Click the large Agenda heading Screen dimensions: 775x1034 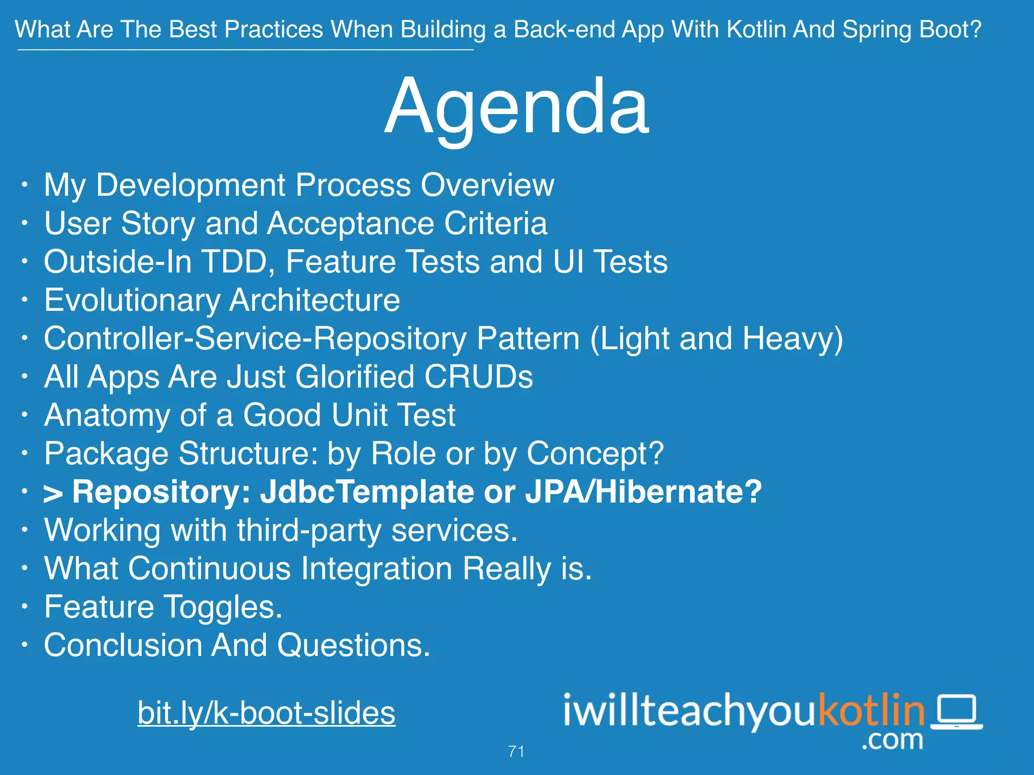(x=516, y=107)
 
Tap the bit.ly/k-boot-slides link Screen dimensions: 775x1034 (x=266, y=713)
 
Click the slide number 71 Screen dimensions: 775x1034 (x=516, y=751)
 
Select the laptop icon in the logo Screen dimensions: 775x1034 (x=956, y=712)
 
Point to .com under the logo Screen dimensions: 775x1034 (x=892, y=740)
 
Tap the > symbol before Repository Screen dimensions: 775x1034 (x=53, y=494)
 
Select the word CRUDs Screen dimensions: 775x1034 (x=478, y=377)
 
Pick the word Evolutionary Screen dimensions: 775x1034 (x=132, y=301)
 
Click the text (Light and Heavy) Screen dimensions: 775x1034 (x=716, y=339)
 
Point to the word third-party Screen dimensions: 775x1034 (x=309, y=531)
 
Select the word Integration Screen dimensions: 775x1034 (x=377, y=569)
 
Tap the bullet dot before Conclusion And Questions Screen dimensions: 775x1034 (x=24, y=644)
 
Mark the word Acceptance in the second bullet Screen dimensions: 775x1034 (x=350, y=224)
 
